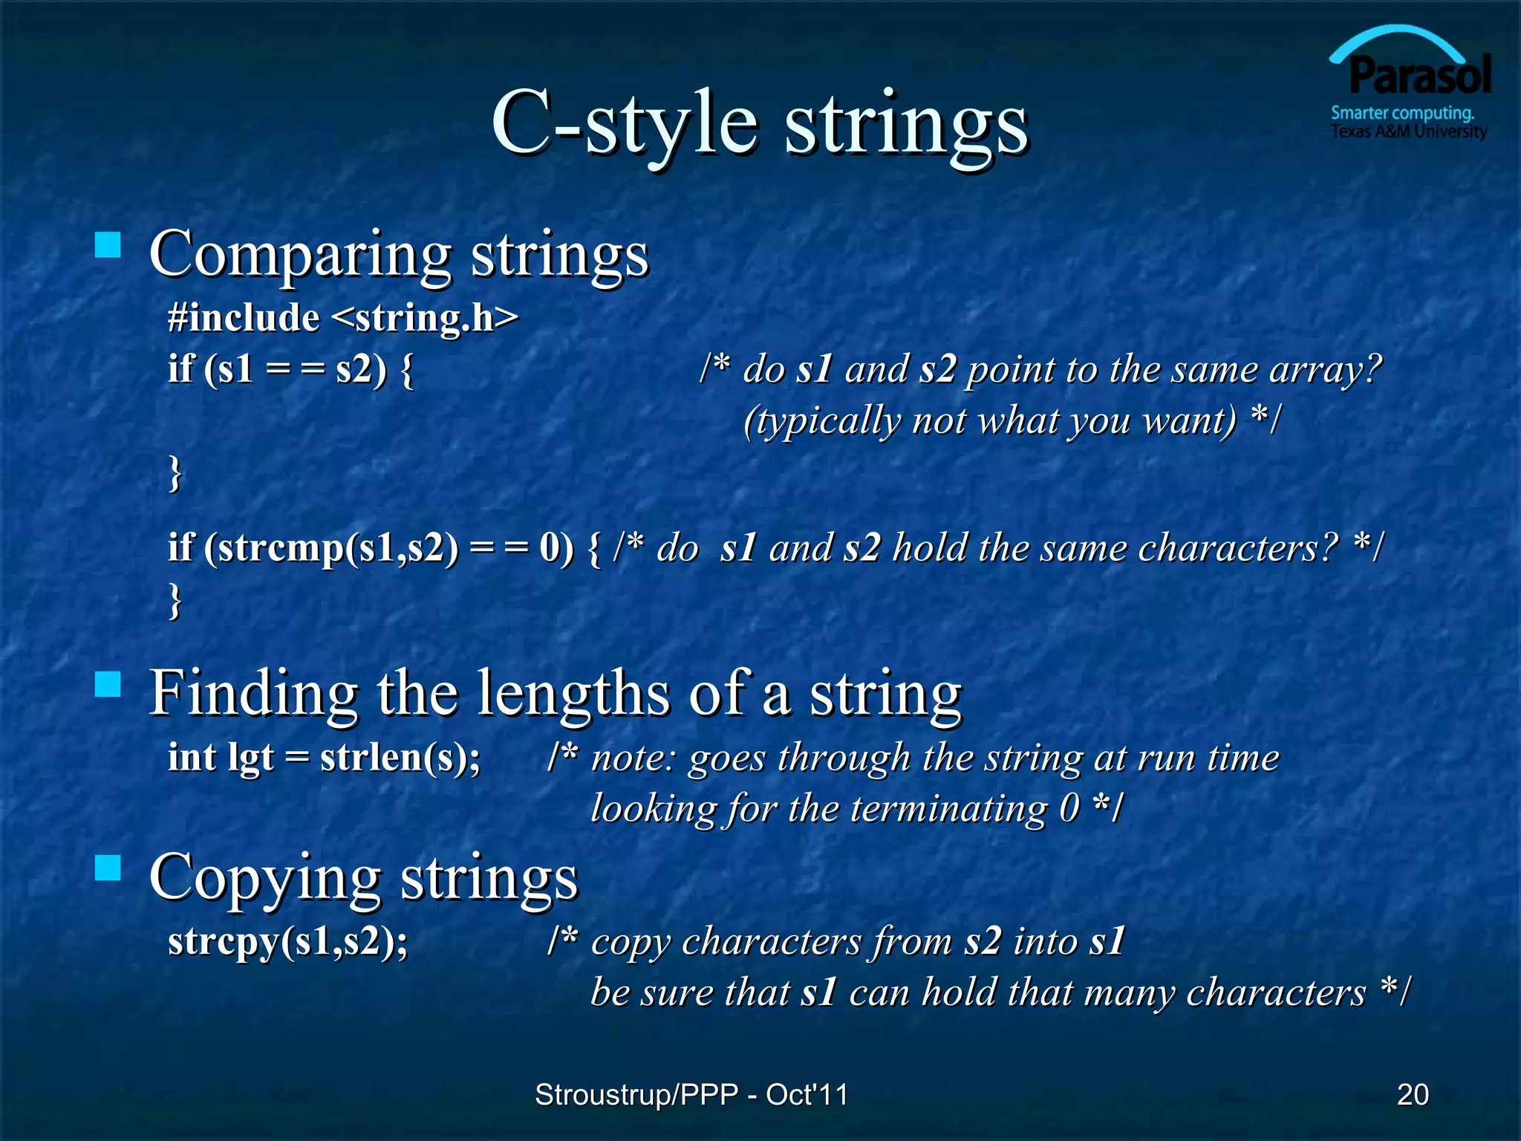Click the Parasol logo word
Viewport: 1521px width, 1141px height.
(1419, 77)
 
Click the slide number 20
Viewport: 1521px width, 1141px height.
(1413, 1094)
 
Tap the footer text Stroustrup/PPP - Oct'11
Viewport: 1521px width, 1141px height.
(691, 1094)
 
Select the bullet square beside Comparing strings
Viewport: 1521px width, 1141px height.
(108, 245)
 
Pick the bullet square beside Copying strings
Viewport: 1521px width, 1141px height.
(108, 868)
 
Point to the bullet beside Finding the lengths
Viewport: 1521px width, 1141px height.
(108, 684)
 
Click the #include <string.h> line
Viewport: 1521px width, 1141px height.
(342, 318)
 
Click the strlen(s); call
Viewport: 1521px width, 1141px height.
(400, 758)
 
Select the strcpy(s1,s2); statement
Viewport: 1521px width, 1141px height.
(288, 941)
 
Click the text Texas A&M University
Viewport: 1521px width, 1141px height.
(1408, 131)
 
